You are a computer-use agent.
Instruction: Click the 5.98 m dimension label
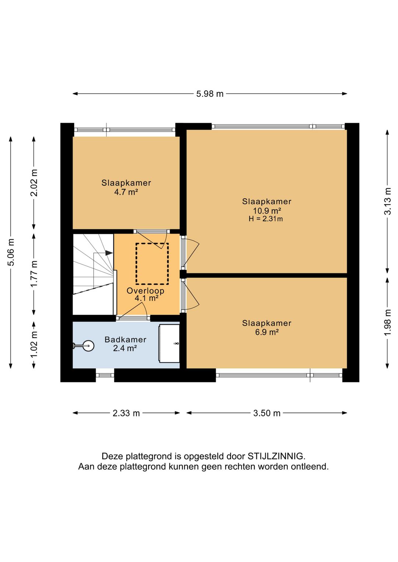point(210,94)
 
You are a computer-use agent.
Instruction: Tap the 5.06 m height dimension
point(11,252)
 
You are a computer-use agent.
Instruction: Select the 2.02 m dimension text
point(34,183)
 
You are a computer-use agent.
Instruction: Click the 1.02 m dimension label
point(34,344)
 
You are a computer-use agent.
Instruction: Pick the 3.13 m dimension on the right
point(387,201)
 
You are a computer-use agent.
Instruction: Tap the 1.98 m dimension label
point(387,322)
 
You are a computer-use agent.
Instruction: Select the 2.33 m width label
point(126,413)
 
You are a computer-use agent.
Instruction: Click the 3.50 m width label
point(267,413)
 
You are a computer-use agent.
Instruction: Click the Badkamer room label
point(125,340)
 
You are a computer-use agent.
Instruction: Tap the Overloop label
point(145,291)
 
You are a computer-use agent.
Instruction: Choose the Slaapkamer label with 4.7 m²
point(126,183)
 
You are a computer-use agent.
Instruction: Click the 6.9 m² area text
point(267,332)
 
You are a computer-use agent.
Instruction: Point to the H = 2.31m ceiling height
point(266,219)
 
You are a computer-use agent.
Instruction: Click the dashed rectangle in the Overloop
point(152,264)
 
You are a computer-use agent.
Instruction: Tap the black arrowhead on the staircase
point(109,253)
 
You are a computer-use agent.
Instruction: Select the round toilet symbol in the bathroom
point(88,345)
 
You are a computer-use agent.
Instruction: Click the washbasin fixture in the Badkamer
point(170,344)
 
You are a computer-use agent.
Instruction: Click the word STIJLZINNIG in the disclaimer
point(276,456)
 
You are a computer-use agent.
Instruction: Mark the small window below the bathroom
point(105,375)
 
